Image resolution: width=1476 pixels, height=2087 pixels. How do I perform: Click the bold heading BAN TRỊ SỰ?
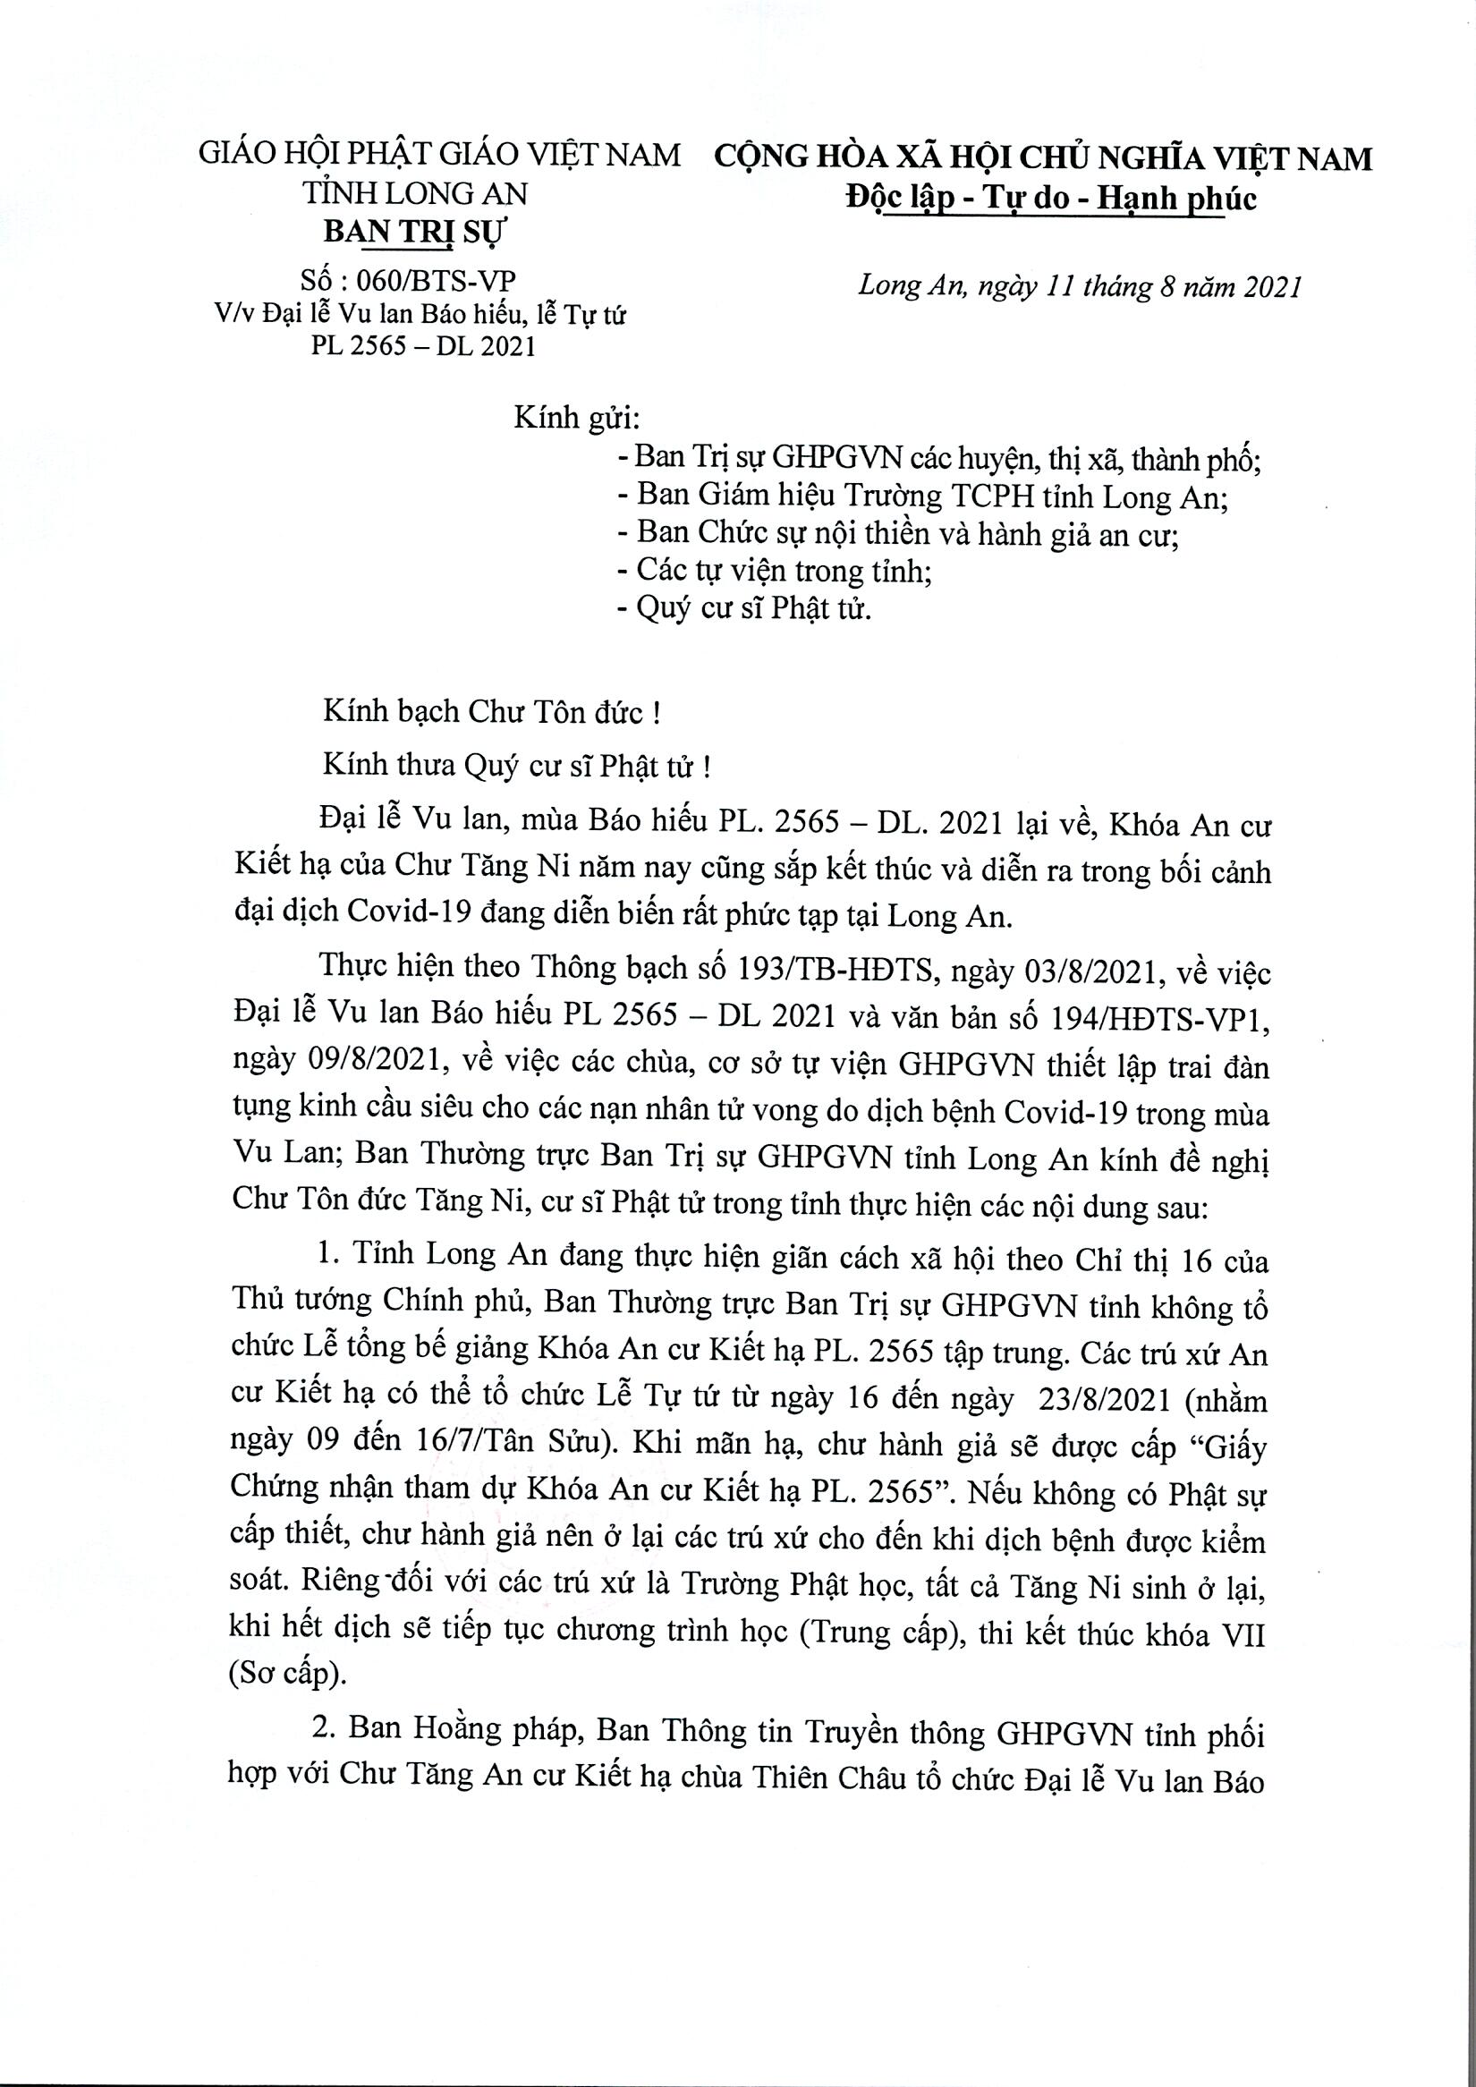pos(417,233)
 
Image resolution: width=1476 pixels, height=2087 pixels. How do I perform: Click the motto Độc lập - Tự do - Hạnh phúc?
pos(1052,199)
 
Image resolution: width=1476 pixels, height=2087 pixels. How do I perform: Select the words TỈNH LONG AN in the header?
pos(415,193)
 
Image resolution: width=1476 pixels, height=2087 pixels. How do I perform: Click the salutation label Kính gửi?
pos(578,419)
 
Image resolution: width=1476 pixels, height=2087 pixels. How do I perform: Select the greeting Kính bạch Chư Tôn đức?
pos(491,712)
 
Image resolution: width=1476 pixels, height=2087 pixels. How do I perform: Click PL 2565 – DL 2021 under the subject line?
pos(422,346)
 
